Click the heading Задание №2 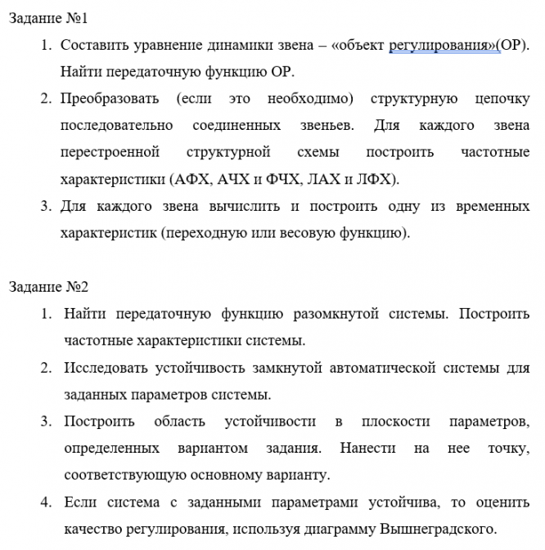coord(48,287)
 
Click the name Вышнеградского coord(438,529)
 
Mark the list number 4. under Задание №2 coord(47,502)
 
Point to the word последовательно coord(116,125)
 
